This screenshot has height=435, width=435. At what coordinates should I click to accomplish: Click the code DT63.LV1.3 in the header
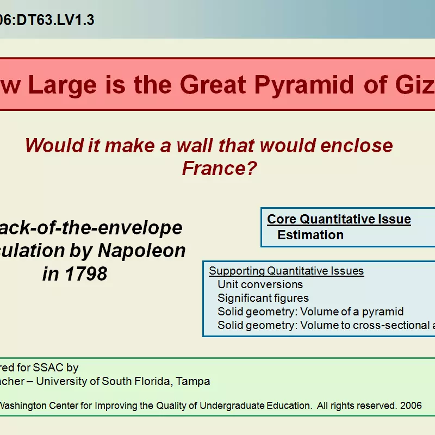54,20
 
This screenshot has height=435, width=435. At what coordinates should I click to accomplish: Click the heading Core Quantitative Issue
339,219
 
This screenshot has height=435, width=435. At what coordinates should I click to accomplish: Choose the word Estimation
310,235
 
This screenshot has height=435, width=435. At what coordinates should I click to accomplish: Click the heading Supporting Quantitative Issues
287,271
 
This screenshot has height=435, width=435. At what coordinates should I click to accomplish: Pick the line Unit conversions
260,284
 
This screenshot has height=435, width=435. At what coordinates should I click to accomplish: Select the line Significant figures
263,298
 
